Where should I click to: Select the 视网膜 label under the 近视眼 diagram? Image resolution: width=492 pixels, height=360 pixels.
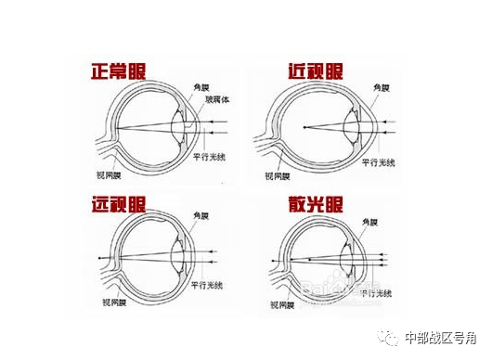coord(278,174)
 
